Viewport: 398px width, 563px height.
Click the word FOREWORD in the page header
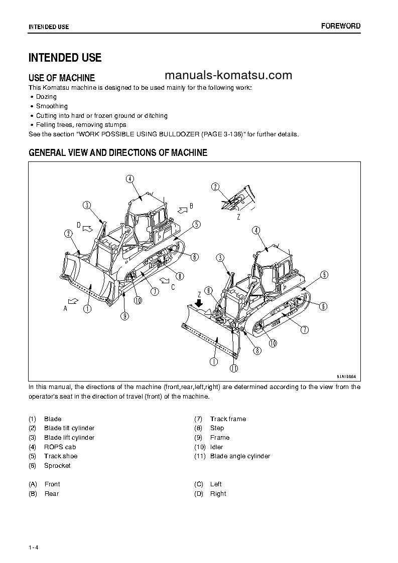click(340, 26)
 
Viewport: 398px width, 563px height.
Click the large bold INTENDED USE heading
click(65, 58)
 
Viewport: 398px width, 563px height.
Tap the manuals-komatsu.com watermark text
click(228, 75)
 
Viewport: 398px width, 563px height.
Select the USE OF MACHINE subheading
click(61, 78)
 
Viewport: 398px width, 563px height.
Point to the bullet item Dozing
click(46, 97)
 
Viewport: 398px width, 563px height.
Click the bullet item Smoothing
click(52, 106)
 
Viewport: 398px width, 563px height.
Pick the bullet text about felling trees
click(81, 125)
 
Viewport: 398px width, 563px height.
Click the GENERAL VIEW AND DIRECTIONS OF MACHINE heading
click(118, 153)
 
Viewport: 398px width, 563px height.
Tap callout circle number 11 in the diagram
click(234, 368)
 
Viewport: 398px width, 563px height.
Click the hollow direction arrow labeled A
click(73, 300)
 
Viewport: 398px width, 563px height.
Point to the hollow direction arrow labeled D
click(86, 229)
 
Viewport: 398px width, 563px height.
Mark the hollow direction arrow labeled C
click(164, 278)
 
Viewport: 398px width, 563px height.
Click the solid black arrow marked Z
click(199, 303)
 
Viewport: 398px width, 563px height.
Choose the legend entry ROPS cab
click(60, 447)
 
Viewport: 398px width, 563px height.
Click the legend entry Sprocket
click(57, 466)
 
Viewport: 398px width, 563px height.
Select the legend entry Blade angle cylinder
click(240, 456)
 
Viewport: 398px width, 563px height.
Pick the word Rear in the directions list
click(52, 494)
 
